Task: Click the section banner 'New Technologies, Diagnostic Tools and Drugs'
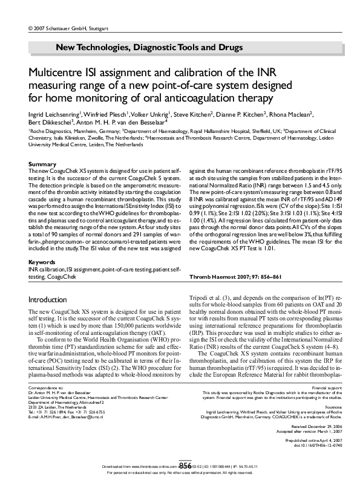point(149,47)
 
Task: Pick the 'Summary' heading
point(42,164)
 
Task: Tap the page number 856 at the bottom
point(180,465)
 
